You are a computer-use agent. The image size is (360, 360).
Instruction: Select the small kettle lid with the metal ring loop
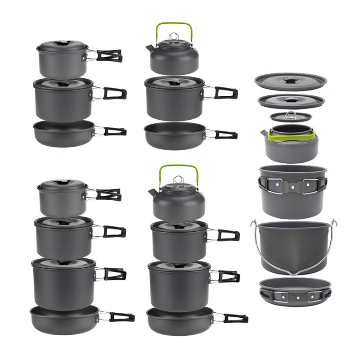click(x=291, y=117)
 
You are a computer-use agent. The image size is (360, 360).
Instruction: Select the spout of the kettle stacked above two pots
click(x=152, y=192)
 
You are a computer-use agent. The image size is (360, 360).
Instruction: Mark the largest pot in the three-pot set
click(x=63, y=279)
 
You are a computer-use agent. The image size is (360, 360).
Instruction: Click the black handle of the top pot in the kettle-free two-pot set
click(x=109, y=56)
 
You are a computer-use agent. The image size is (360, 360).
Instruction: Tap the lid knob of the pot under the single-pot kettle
click(x=174, y=83)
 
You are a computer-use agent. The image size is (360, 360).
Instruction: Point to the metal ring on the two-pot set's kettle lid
click(x=178, y=180)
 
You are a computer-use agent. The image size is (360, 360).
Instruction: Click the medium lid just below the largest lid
click(x=291, y=101)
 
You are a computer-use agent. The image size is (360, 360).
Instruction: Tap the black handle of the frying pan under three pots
click(x=122, y=317)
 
